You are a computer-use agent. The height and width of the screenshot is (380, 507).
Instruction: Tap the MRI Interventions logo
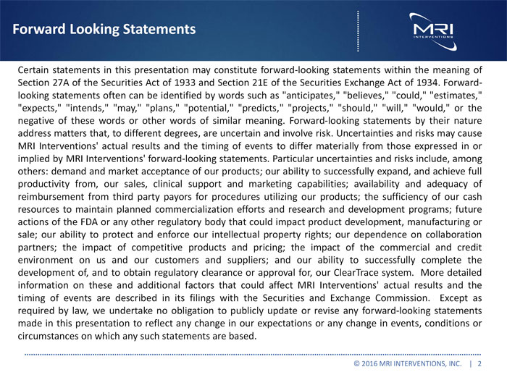[x=432, y=30]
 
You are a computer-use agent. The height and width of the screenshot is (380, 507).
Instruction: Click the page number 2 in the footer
[x=480, y=362]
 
